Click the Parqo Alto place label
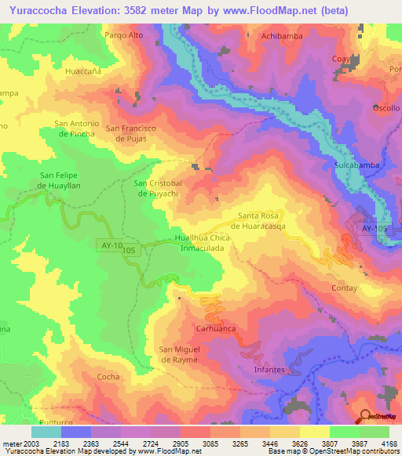coord(124,35)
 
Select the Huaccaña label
coord(84,71)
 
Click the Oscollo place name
coord(386,107)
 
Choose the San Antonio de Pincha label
coord(76,128)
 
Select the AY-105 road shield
coord(374,228)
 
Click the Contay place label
coord(345,288)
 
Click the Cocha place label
coord(108,377)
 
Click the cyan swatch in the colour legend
coord(46,432)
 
